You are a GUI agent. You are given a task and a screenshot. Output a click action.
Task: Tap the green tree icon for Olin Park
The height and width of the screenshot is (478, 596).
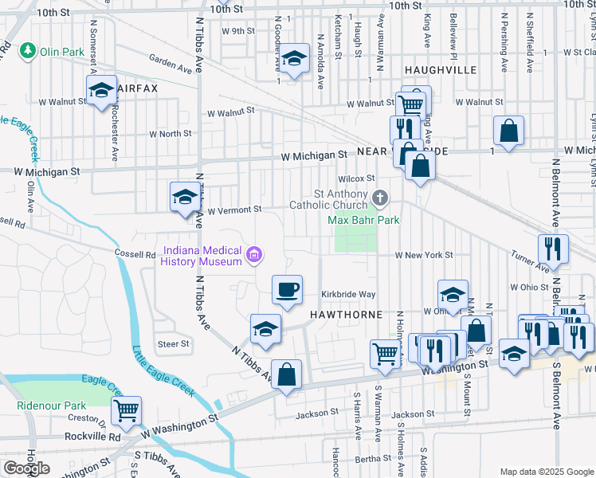pos(29,51)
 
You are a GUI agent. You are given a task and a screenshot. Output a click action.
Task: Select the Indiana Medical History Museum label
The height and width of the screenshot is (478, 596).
pos(202,256)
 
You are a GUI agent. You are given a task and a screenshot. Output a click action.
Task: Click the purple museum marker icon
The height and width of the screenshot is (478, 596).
pos(254,256)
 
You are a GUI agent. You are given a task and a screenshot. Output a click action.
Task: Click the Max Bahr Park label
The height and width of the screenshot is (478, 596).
pos(364,219)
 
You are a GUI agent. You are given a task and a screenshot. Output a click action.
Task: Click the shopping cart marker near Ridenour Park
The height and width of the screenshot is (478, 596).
pos(126,410)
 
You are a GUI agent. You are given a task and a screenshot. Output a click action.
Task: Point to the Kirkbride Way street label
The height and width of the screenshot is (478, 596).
pos(348,294)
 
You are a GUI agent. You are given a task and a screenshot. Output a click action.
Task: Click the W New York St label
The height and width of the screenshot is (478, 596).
pos(425,255)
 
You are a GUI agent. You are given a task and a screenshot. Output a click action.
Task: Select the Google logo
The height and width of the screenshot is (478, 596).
pos(26,468)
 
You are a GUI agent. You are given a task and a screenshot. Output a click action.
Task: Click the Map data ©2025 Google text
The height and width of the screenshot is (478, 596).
pos(547,472)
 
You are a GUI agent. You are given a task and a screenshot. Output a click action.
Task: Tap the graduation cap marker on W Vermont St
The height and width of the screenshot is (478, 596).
pos(185,197)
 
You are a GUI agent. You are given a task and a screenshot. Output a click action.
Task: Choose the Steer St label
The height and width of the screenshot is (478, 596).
pos(174,344)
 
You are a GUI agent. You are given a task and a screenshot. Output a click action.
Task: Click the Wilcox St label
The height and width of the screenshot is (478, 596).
pos(356,178)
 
